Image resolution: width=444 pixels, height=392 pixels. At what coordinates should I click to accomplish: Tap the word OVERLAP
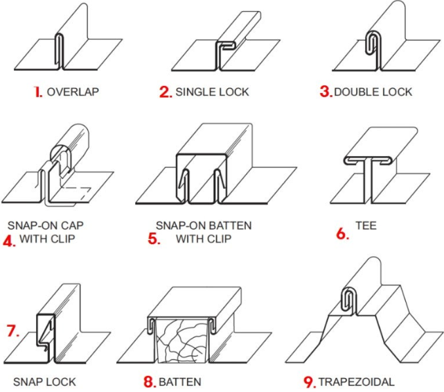(x=69, y=92)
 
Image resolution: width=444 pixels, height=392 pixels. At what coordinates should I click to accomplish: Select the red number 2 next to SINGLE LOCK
(x=165, y=92)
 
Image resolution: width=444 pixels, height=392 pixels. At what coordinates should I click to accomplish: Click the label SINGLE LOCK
(x=212, y=92)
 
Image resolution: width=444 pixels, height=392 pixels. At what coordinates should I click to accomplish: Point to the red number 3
(x=326, y=92)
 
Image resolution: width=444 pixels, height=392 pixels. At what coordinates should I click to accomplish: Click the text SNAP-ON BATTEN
(x=203, y=225)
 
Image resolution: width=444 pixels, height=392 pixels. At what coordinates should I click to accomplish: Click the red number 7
(x=12, y=331)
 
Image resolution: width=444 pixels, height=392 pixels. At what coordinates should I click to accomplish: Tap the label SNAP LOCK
(x=44, y=382)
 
